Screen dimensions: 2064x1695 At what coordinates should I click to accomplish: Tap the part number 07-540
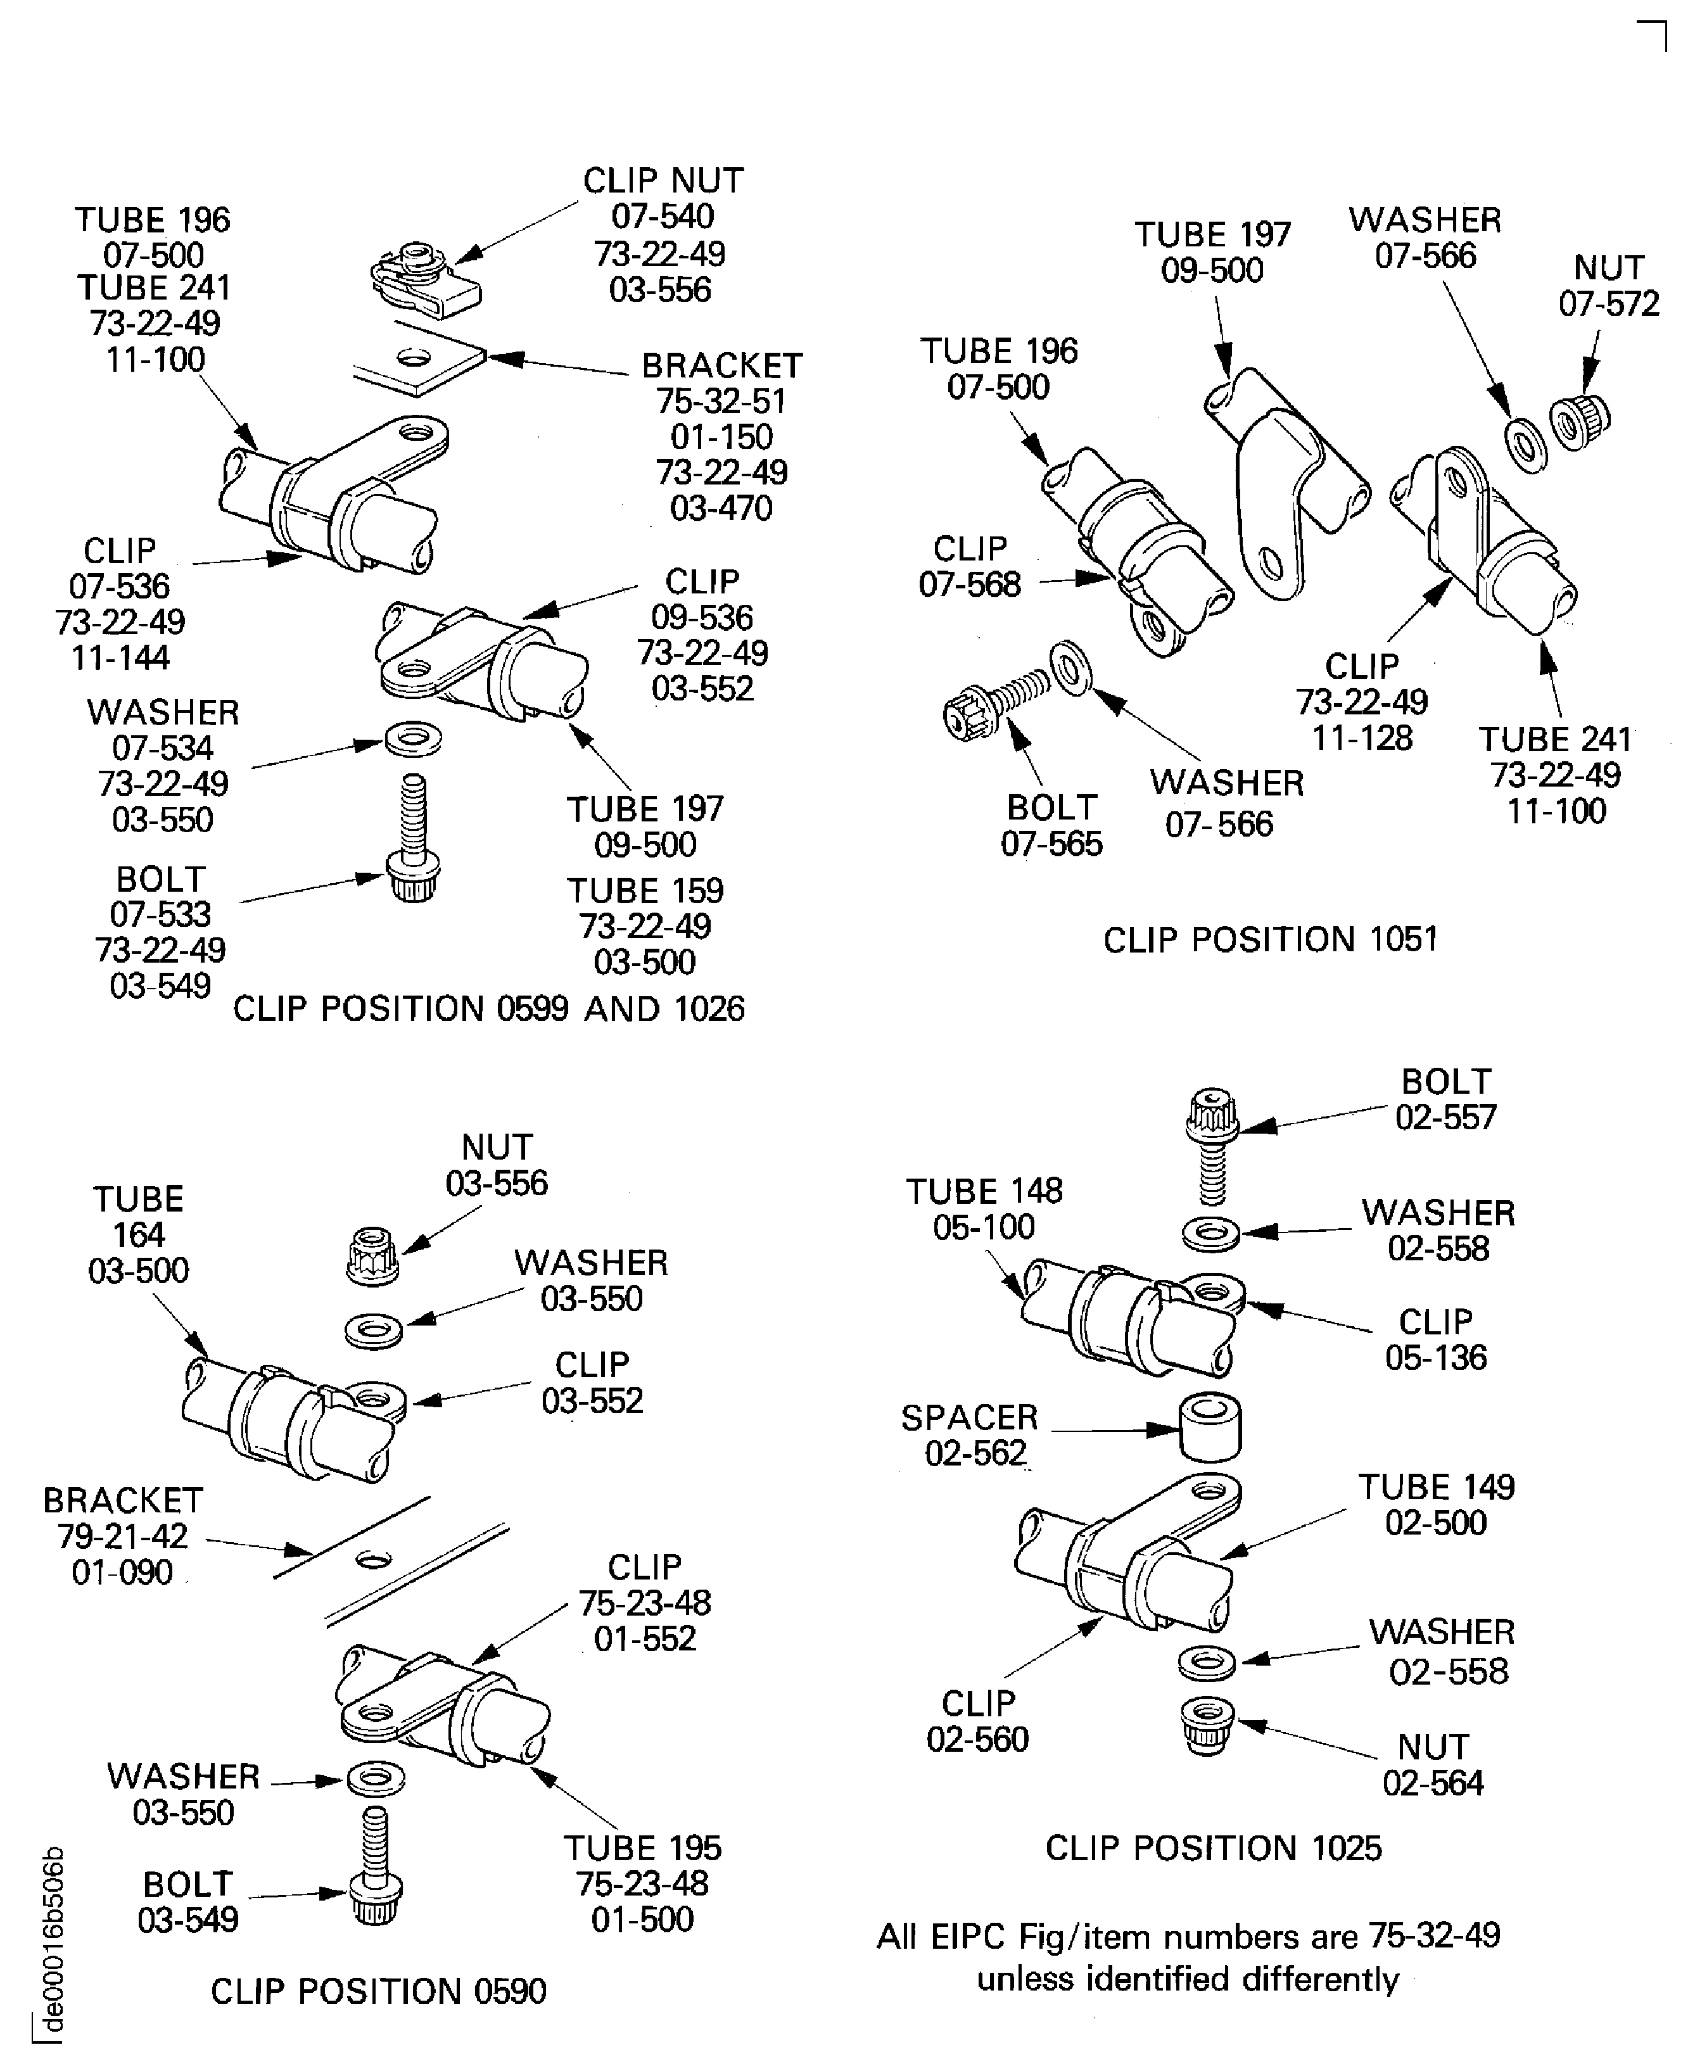662,216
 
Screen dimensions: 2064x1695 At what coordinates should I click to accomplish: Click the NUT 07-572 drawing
1579,422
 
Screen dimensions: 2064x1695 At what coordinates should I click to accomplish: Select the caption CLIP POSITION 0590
378,1991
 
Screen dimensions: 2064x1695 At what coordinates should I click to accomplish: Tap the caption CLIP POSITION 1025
1213,1847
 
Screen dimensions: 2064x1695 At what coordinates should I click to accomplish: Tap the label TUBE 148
983,1191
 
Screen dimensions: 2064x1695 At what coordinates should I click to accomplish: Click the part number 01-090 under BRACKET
122,1573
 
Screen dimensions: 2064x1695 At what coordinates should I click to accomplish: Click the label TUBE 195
642,1847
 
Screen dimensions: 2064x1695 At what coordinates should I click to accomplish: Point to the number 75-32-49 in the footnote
1433,1935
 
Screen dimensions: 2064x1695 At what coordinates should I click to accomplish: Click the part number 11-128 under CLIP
1361,737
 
